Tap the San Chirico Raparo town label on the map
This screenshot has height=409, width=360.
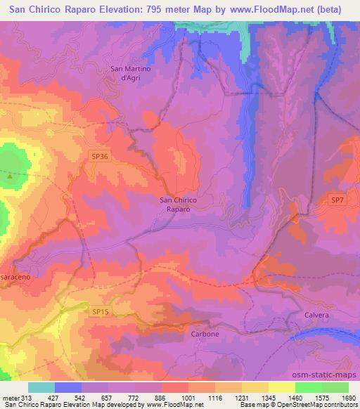pos(179,204)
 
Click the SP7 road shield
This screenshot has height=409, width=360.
pos(337,201)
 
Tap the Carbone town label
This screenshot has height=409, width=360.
pos(205,334)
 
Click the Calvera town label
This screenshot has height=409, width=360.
pos(316,316)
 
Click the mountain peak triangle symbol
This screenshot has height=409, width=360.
pos(10,176)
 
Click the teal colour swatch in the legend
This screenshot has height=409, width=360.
pos(41,387)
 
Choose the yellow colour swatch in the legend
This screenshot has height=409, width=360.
pos(282,387)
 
